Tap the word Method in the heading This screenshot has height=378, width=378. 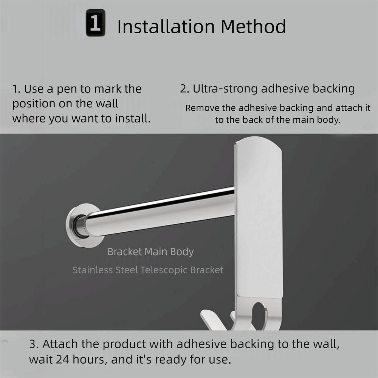253,27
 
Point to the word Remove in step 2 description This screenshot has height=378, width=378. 202,108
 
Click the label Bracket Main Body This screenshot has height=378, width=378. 150,252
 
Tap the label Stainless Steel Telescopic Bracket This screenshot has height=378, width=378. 148,270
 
